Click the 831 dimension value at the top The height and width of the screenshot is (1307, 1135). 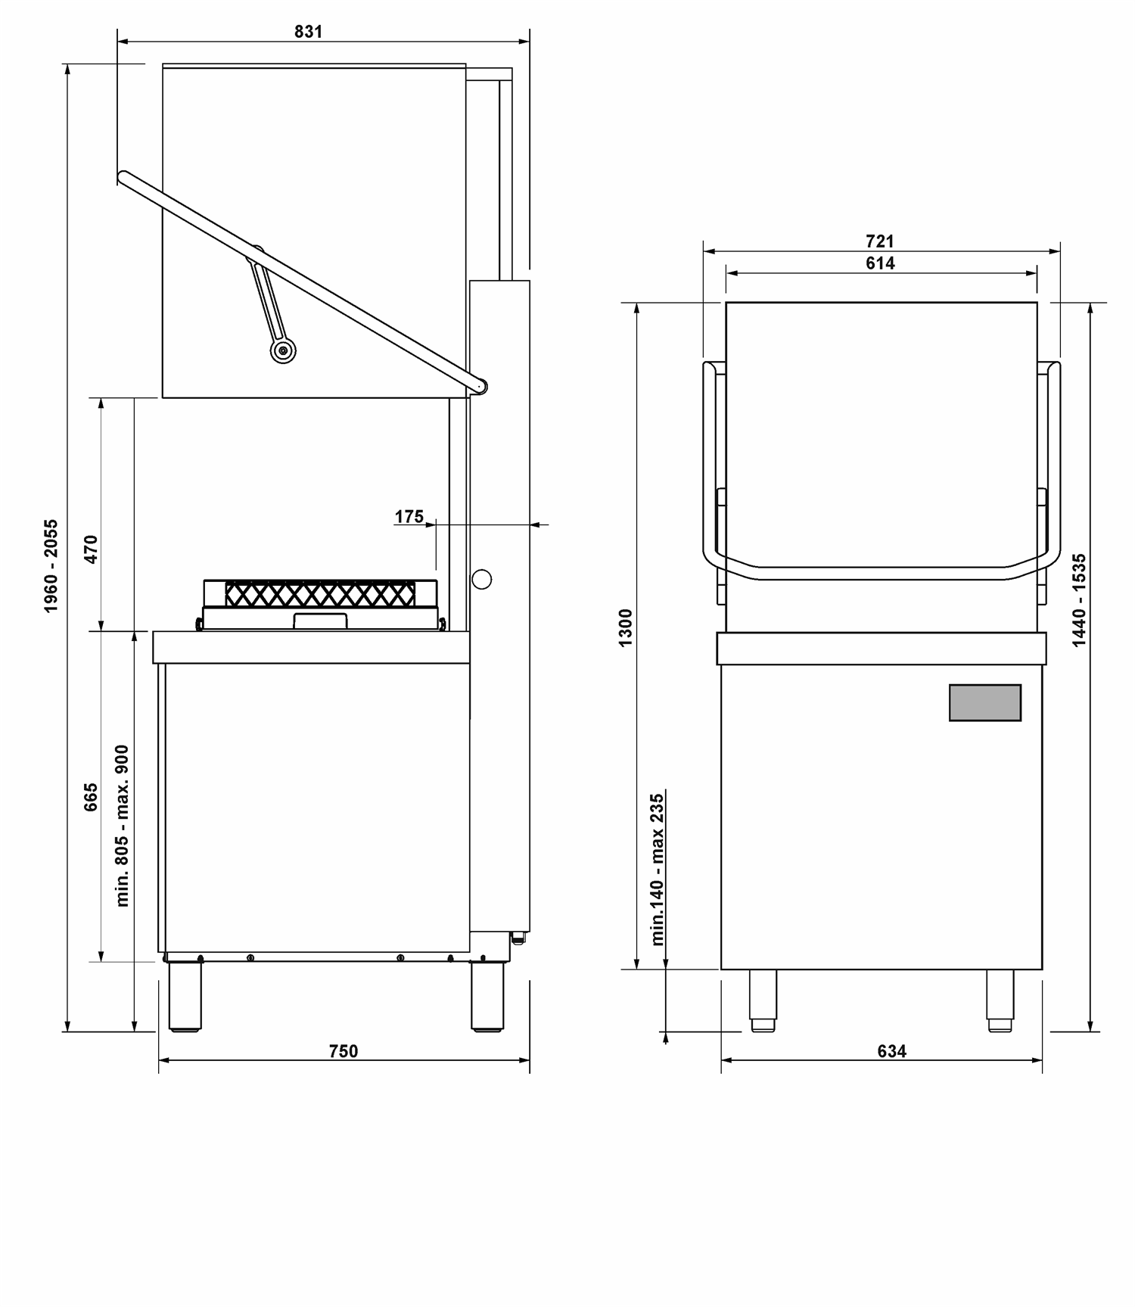pos(309,32)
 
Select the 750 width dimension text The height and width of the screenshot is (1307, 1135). pos(344,1051)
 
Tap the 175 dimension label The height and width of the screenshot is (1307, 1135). pos(409,516)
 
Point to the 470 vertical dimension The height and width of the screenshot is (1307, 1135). pos(91,549)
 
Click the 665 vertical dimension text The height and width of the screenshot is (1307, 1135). pos(91,797)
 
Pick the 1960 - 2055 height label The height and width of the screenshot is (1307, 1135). pos(51,566)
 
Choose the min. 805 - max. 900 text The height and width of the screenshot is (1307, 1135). pos(123,826)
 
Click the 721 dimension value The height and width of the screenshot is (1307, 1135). pos(880,241)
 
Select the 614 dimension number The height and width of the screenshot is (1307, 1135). pos(880,263)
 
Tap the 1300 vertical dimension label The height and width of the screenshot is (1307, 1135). pos(626,627)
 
